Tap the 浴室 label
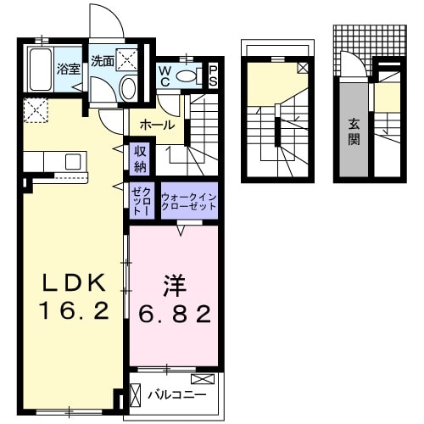[x=67, y=67]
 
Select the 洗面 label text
[x=103, y=61]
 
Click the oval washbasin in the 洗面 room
[x=128, y=87]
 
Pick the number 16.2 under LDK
[x=72, y=311]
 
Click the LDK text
[x=72, y=282]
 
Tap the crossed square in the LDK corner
[x=36, y=110]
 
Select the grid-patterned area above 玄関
[x=356, y=38]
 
